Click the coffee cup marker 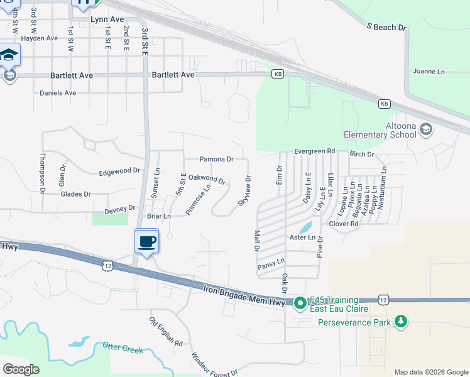point(146,241)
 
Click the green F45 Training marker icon point(300,303)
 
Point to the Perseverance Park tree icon point(400,322)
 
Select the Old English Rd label point(166,332)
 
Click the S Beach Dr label point(387,28)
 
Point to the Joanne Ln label point(429,72)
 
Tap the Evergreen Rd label point(315,151)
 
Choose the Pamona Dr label point(216,160)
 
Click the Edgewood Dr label point(119,171)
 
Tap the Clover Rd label point(343,224)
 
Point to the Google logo point(21,369)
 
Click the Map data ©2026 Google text point(431,372)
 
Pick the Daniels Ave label point(58,93)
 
